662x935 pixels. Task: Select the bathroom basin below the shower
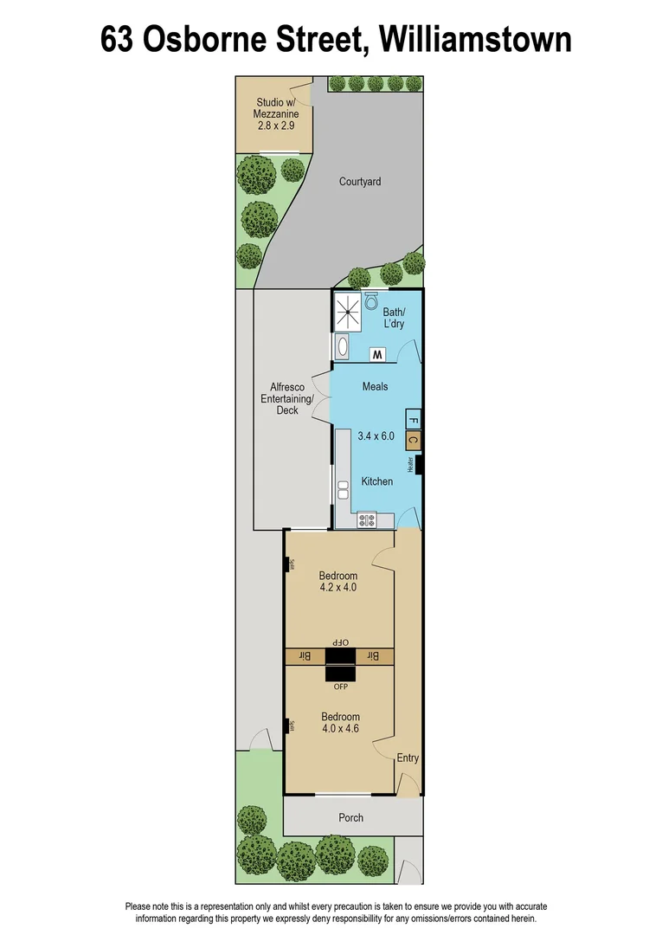coord(342,348)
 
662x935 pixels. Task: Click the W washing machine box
coord(377,354)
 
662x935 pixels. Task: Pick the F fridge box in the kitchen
coord(413,419)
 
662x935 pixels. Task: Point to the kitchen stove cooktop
coord(367,520)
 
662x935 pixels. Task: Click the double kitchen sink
coord(342,490)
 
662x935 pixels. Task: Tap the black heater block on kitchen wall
coord(419,465)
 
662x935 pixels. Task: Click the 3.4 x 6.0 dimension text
coord(376,436)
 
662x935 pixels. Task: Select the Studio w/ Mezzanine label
coord(273,114)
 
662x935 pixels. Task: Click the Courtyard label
coord(360,182)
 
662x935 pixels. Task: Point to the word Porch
coord(351,817)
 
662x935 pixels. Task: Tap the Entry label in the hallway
coord(408,758)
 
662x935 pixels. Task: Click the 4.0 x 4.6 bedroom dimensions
coord(340,729)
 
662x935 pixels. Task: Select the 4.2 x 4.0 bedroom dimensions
coord(337,587)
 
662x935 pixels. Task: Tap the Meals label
coord(375,387)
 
